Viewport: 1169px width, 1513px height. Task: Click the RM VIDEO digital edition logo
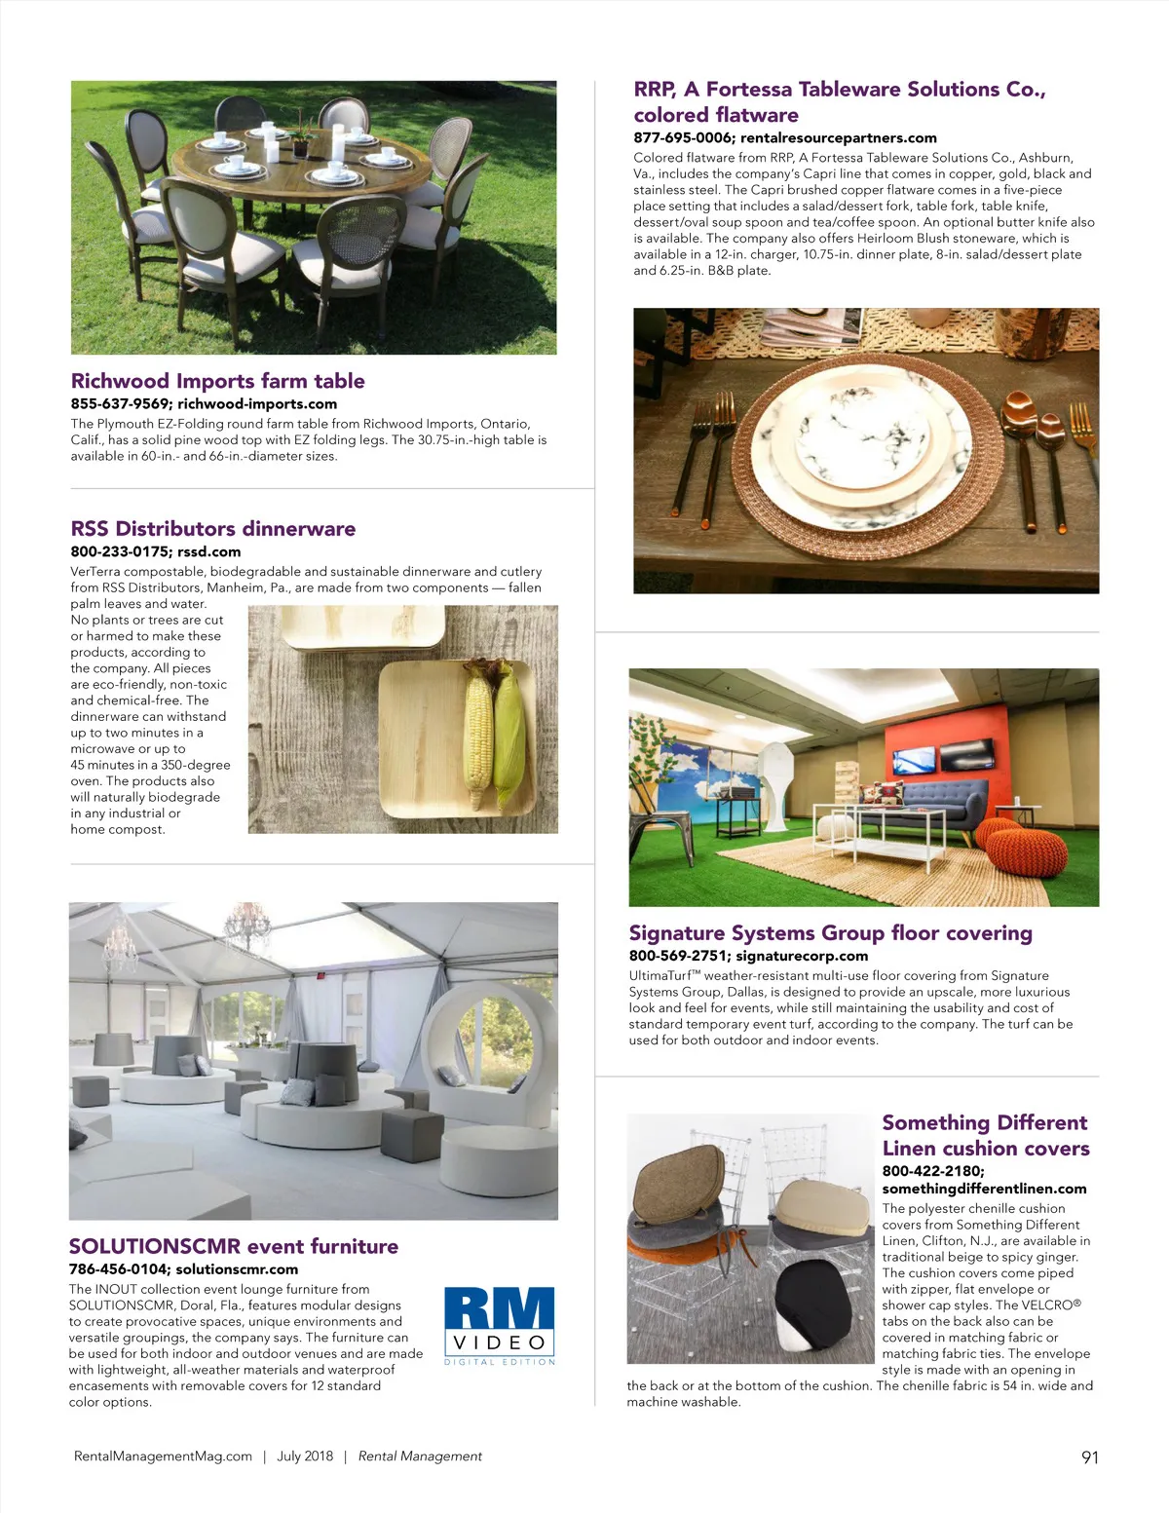[x=500, y=1325]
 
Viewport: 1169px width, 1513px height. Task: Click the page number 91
[x=1089, y=1457]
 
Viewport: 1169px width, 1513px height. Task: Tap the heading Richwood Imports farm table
[x=217, y=381]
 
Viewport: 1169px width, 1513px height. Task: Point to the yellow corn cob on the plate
[x=478, y=726]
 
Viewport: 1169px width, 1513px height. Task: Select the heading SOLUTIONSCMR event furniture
[x=234, y=1246]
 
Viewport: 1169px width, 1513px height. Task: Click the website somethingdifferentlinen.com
[x=984, y=1189]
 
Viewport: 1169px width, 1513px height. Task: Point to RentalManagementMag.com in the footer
[x=163, y=1456]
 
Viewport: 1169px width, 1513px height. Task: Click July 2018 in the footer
[x=305, y=1456]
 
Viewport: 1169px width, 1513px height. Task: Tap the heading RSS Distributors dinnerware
[x=213, y=529]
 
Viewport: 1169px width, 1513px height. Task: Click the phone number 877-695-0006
[x=683, y=137]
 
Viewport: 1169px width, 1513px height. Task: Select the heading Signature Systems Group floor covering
[x=830, y=933]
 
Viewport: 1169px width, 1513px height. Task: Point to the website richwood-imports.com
[x=257, y=403]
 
